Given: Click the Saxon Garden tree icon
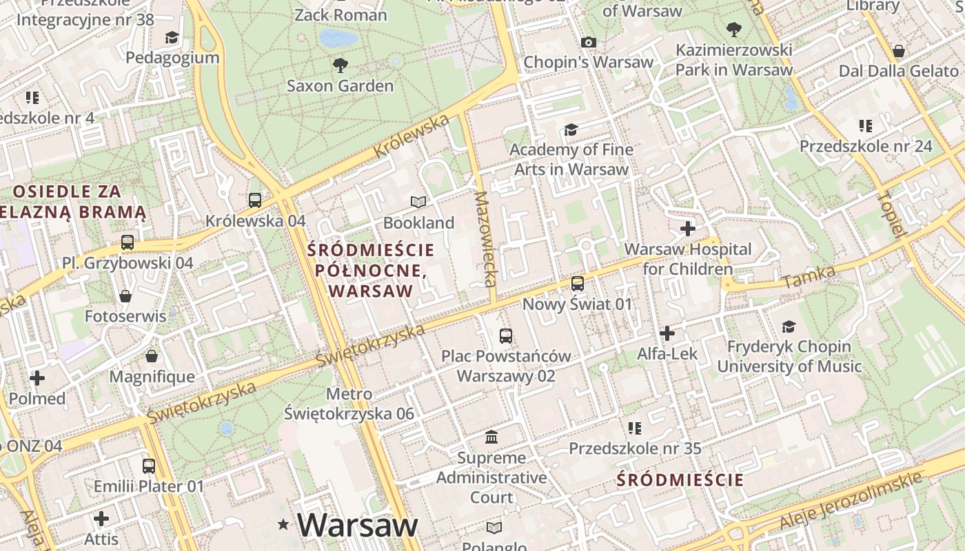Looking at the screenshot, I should pos(340,65).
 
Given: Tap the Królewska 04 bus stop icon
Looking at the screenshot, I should pos(255,200).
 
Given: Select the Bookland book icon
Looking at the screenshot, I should pos(418,202).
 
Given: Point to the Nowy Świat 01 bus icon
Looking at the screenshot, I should pos(578,283).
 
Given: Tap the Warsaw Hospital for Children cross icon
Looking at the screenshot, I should pos(687,229).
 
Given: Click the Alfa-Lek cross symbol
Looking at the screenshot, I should pos(667,333).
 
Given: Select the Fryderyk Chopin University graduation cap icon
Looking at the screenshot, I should pos(789,326).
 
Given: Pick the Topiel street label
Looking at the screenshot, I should pos(888,214).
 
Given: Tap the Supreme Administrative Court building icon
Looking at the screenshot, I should pos(491,437).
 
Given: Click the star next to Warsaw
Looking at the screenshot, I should pos(283,525).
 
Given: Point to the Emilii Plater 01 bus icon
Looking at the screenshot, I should pos(149,466).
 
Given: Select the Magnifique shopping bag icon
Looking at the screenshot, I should pos(152,356).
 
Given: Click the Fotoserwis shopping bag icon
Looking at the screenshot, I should pos(125,296).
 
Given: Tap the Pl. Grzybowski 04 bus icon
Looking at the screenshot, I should pos(128,242).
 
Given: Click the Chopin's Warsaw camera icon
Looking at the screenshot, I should pos(588,42).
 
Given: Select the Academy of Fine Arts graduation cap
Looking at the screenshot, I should pos(571,129).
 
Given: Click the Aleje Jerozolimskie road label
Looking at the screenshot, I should pos(851,501).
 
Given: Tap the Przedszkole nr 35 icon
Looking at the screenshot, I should pos(635,428).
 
